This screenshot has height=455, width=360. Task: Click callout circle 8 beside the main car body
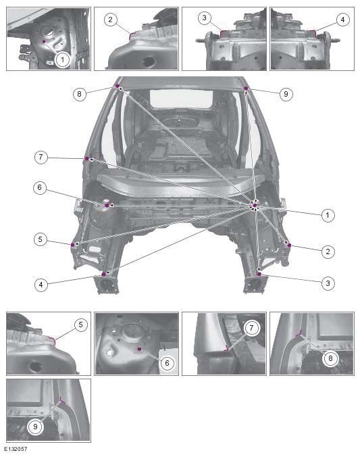coord(80,95)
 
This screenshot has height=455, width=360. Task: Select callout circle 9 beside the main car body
coord(286,95)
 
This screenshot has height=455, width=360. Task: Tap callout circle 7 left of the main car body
coord(42,157)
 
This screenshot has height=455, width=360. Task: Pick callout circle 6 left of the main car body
coord(42,188)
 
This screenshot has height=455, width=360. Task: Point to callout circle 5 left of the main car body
coord(42,239)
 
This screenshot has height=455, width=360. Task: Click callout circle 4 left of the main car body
coord(42,285)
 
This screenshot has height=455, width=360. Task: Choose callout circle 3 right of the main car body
coord(328,284)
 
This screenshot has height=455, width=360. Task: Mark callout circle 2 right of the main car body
coord(328,252)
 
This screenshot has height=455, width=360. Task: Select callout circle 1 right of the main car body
coord(328,215)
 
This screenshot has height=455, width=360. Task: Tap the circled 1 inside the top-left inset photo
coord(62,59)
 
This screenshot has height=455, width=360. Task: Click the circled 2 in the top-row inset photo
coord(111,20)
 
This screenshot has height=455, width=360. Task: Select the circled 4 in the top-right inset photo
coord(342,20)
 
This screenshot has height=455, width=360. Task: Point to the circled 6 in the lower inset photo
coord(166,363)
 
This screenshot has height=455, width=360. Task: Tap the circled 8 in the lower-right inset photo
coord(330,359)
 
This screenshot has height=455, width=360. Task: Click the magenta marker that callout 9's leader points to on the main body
coord(246,89)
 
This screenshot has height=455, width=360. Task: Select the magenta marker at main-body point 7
coord(87,158)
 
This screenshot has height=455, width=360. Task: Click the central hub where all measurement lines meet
coord(255,206)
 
